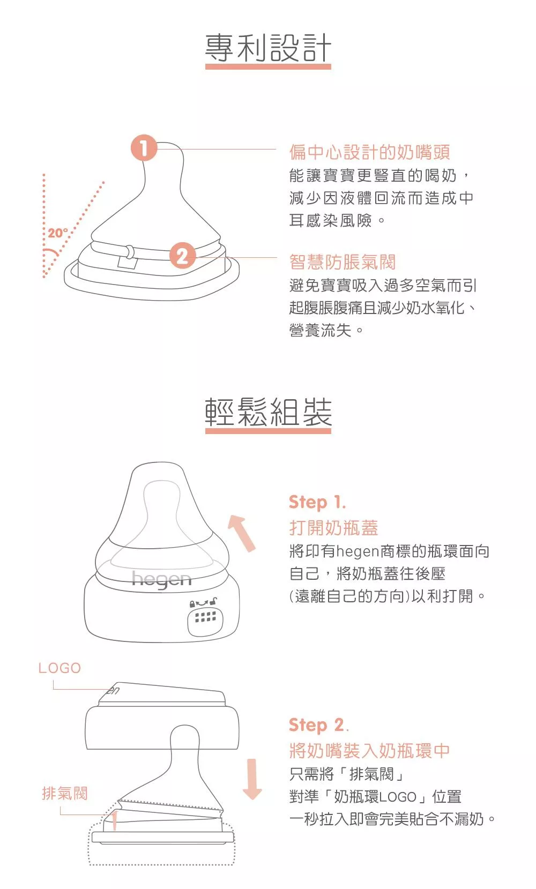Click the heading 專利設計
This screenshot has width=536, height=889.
coord(268,48)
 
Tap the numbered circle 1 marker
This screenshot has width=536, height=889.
coord(144,148)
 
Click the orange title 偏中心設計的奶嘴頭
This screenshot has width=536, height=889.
coord(369,152)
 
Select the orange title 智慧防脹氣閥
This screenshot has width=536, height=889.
coord(343,262)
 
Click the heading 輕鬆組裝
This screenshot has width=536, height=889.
coord(268,412)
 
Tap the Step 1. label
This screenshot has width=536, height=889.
coord(317,503)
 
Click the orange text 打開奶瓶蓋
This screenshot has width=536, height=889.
coord(333,528)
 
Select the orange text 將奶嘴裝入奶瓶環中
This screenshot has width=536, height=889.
coord(369,751)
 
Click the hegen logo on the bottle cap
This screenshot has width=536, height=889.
coord(161,580)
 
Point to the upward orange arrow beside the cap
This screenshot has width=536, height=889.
coord(242,533)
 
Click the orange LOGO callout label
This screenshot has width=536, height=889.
coord(59,668)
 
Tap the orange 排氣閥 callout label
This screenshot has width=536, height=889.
coord(65,793)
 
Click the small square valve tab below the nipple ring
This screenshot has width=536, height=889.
coord(128,263)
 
